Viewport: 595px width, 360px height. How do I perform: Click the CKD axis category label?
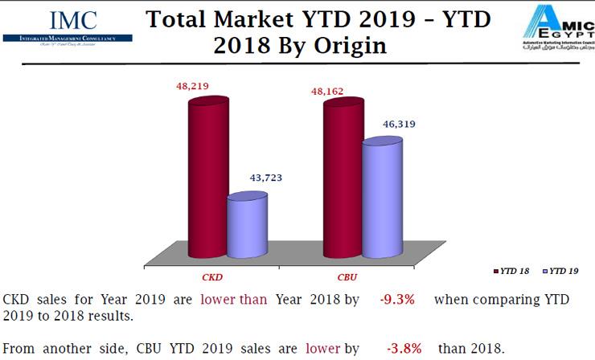pos(211,276)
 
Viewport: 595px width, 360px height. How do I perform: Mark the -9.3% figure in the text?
pos(397,300)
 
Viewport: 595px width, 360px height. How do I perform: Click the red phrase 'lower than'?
pos(236,300)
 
